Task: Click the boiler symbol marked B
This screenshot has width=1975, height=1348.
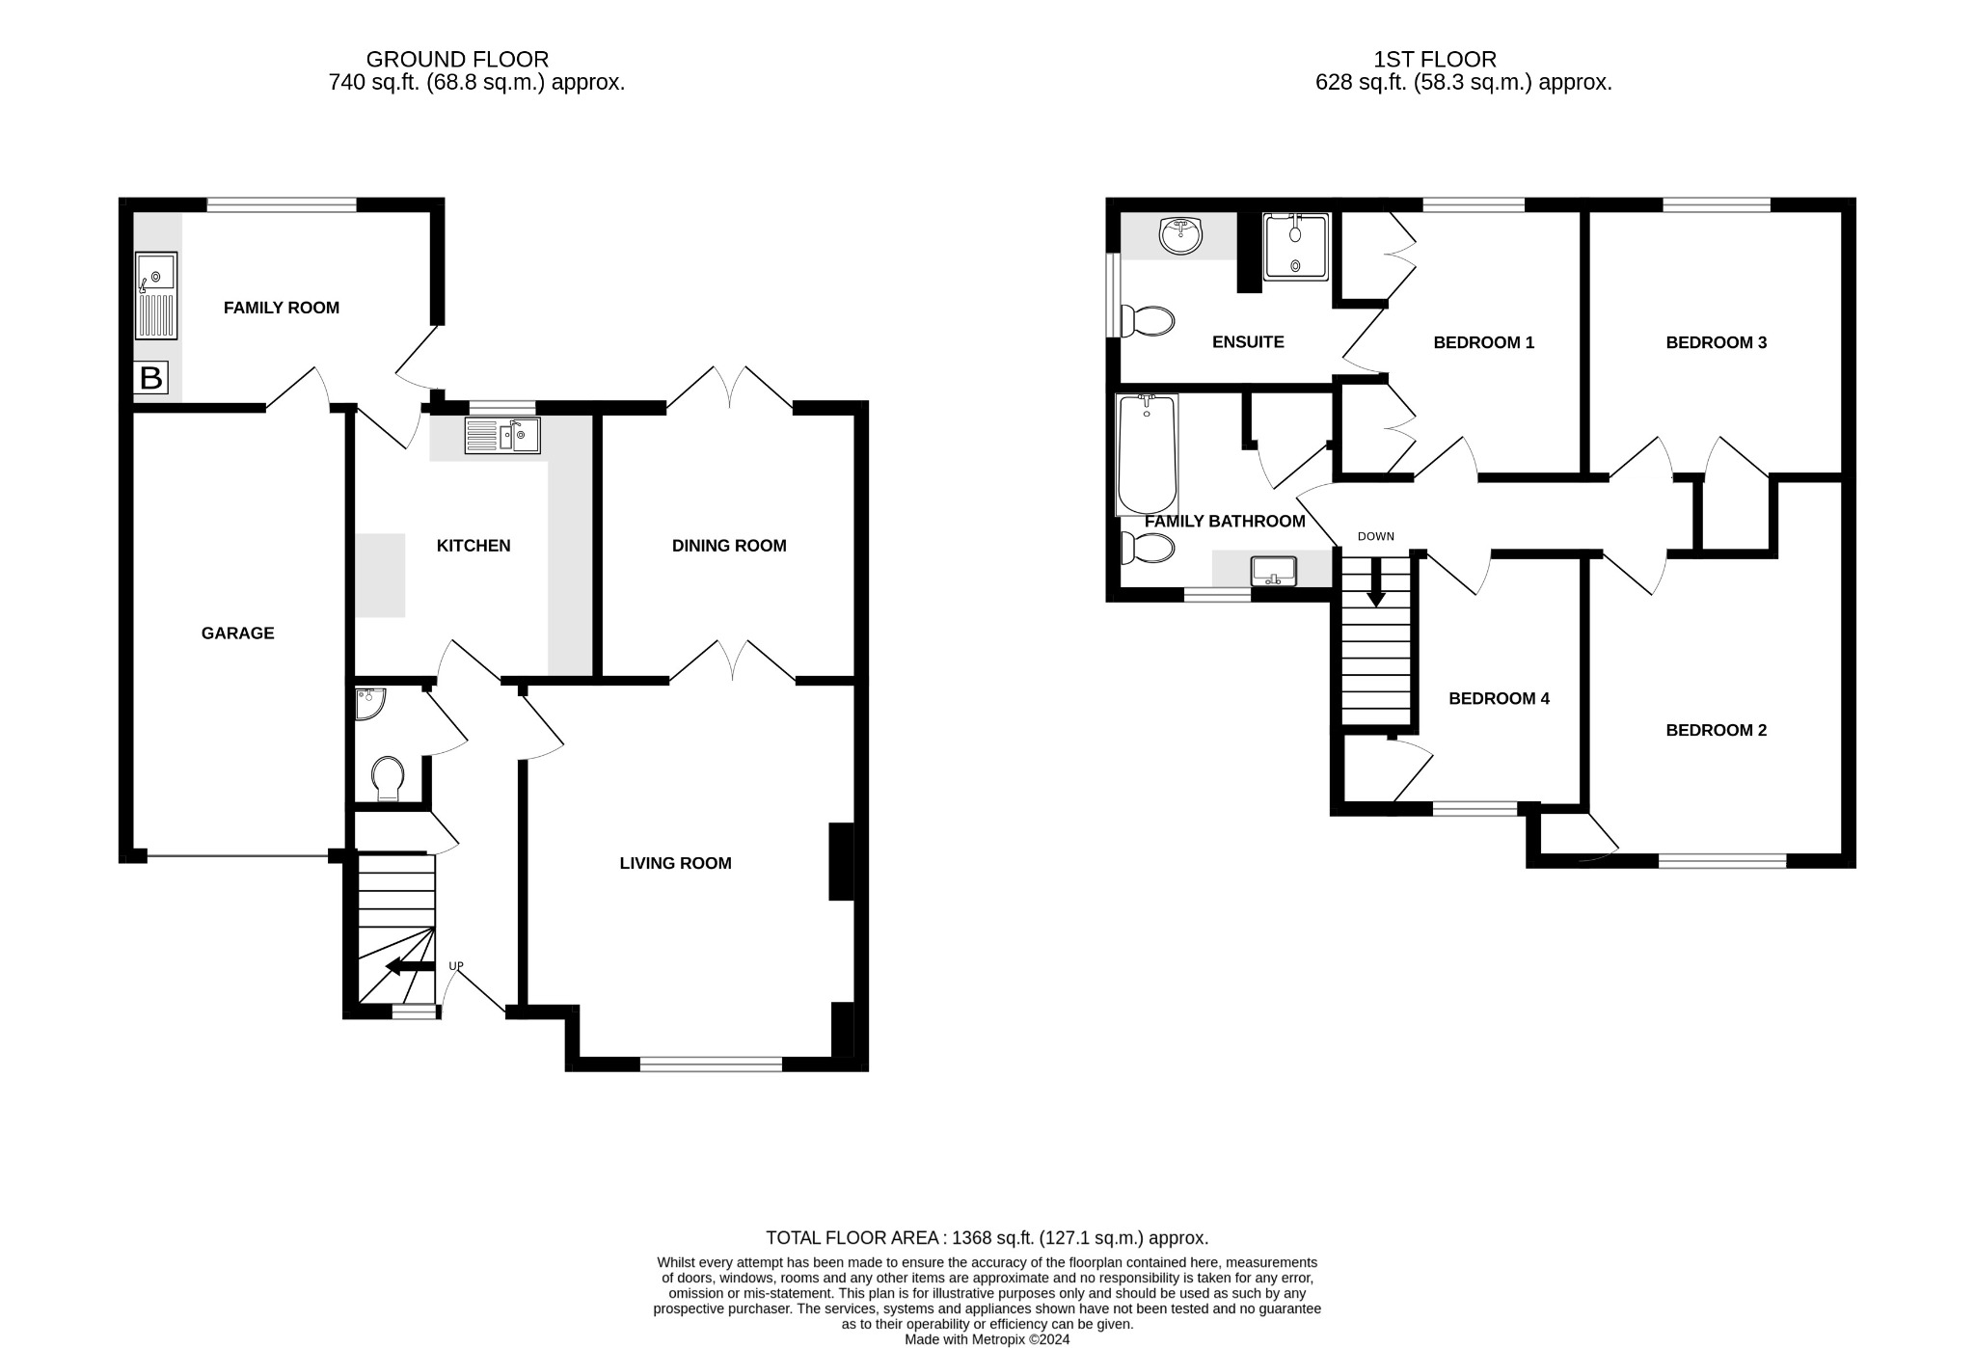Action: click(x=150, y=378)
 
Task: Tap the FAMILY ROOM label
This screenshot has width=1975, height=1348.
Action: click(x=281, y=308)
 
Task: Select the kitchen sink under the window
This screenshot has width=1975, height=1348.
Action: click(x=502, y=435)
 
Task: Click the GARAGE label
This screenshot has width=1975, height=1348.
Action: click(x=237, y=634)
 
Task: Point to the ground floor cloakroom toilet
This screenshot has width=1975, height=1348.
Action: click(x=388, y=777)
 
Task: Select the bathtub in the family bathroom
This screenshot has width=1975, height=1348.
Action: click(x=1147, y=454)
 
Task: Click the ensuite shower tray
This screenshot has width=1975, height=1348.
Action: click(x=1295, y=247)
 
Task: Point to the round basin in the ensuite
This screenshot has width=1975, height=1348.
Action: click(x=1179, y=234)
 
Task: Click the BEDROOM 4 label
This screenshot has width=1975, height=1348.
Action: click(x=1499, y=698)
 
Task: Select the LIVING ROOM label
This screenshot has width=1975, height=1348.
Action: click(x=675, y=863)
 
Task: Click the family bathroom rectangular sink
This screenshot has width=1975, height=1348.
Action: click(x=1273, y=571)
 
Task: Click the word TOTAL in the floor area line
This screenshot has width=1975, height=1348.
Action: click(x=794, y=1238)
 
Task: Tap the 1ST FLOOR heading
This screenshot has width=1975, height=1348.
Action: click(x=1435, y=60)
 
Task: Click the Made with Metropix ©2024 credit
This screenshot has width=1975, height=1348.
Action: click(x=987, y=1339)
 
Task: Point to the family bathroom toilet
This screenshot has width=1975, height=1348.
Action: click(x=1148, y=549)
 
